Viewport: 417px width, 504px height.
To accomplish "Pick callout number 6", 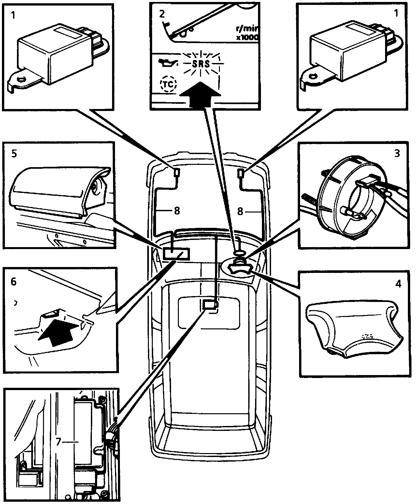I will click(13, 281).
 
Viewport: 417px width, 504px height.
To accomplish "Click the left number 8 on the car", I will click(177, 211).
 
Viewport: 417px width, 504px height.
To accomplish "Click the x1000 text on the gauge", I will click(248, 38).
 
